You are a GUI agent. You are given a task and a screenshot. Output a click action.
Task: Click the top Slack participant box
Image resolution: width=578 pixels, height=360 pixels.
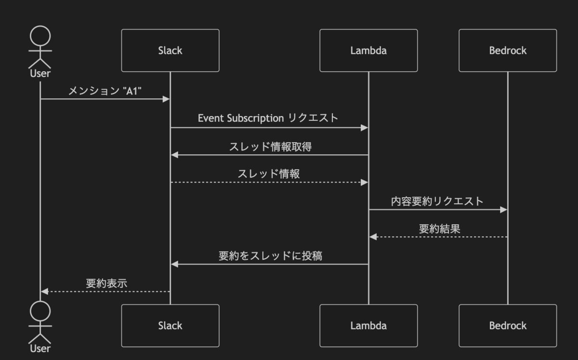(170, 51)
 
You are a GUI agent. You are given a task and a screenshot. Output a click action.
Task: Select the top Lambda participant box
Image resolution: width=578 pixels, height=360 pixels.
(368, 51)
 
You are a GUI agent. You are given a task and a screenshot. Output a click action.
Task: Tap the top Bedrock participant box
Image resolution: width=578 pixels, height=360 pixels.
(508, 51)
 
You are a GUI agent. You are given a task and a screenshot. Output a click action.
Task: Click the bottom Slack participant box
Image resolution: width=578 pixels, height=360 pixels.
(170, 325)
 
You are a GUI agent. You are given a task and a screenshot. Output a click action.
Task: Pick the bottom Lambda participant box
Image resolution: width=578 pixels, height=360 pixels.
(368, 325)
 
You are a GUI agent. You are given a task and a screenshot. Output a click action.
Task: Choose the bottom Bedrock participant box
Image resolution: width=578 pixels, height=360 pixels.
(508, 325)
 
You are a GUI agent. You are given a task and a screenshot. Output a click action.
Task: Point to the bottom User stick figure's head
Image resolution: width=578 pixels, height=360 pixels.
(40, 311)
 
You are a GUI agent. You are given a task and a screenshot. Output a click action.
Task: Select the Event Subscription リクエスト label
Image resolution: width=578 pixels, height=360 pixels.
(268, 118)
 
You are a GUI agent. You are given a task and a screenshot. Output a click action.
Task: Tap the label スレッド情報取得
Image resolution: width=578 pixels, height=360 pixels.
(270, 147)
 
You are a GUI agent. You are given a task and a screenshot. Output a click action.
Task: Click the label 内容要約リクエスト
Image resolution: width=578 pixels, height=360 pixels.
(437, 201)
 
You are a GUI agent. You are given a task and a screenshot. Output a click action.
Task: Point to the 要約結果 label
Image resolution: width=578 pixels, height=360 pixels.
(439, 228)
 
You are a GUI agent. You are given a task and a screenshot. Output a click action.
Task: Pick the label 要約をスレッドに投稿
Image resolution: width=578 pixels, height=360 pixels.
(270, 256)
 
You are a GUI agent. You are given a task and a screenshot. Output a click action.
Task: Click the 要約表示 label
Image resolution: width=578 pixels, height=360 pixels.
(106, 283)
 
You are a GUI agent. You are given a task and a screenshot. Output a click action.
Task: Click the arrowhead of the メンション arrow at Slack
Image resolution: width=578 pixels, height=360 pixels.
(166, 99)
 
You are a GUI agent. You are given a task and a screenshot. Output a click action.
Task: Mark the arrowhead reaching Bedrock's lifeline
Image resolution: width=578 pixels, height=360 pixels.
(504, 210)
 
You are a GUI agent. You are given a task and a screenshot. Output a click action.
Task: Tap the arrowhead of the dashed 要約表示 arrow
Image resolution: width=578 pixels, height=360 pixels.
(44, 292)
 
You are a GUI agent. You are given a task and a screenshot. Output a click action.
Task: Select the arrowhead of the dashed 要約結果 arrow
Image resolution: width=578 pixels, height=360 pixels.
(373, 237)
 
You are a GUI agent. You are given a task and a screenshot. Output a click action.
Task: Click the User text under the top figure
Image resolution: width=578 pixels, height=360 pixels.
(40, 74)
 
